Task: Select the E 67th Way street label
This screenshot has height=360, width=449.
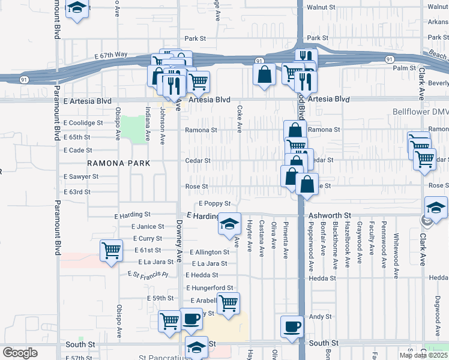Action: (110, 55)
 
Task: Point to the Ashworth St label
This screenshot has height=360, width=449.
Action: (330, 214)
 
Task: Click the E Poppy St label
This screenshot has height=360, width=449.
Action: (214, 204)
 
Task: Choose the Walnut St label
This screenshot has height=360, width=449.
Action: (321, 7)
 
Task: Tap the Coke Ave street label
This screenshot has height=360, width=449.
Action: (240, 111)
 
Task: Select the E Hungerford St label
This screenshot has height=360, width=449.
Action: (209, 288)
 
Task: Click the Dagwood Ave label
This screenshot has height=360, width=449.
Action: (436, 312)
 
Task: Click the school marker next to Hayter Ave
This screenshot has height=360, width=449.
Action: (229, 223)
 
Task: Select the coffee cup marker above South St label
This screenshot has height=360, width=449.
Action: (292, 326)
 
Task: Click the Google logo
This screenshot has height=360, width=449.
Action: (20, 353)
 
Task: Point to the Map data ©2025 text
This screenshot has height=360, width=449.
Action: (423, 355)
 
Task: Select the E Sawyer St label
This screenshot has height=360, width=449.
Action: (81, 176)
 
